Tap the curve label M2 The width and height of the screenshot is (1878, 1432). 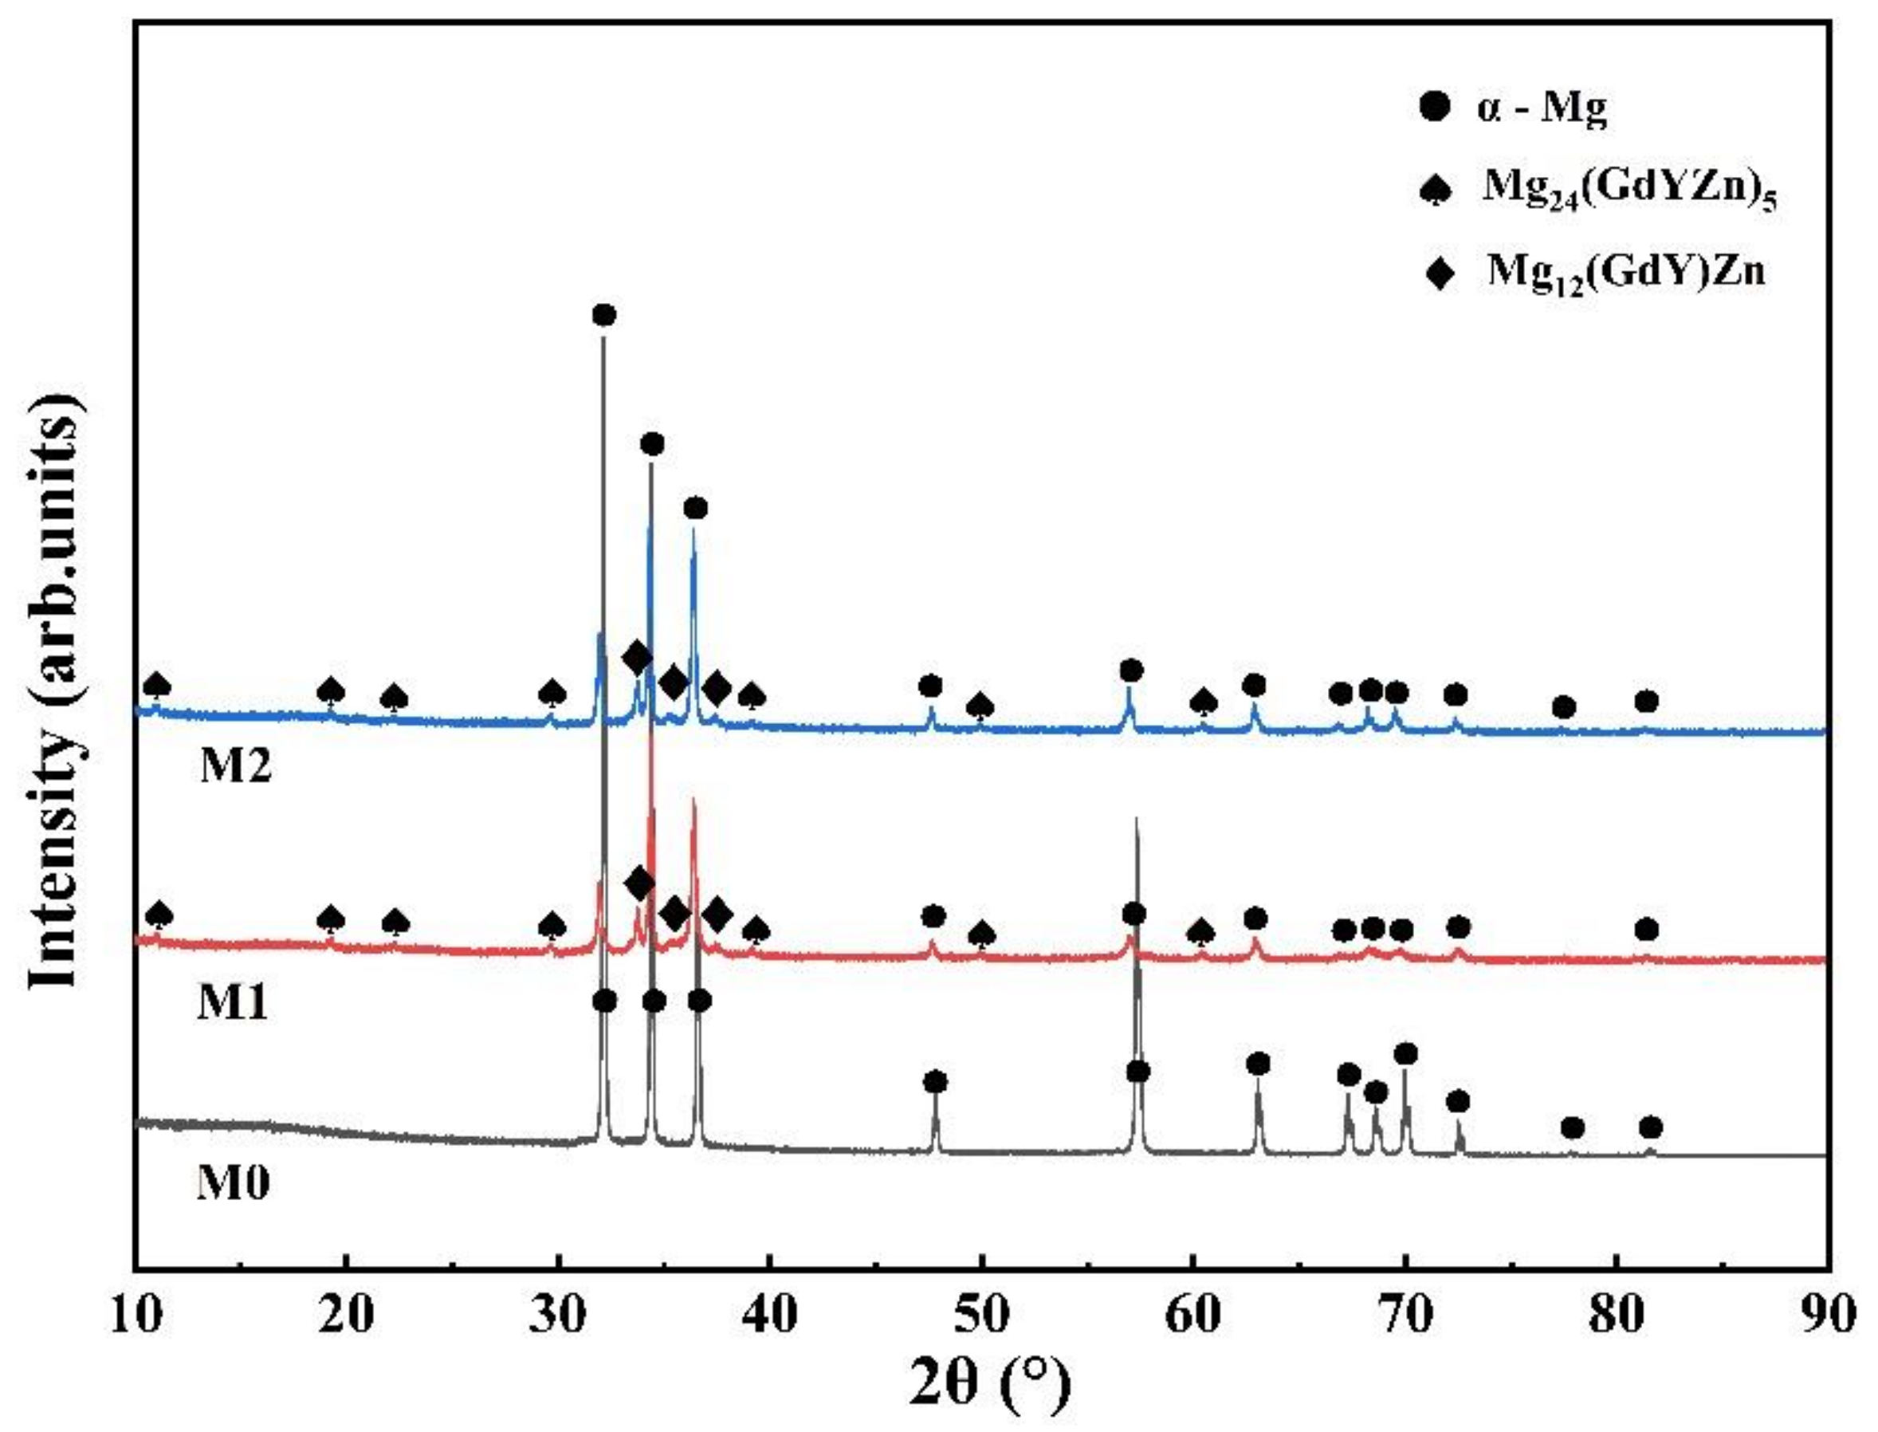(x=236, y=766)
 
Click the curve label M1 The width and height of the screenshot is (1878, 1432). (x=234, y=1003)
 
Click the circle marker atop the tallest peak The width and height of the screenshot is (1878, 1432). (x=603, y=316)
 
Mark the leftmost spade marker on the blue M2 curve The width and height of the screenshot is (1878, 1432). (x=157, y=686)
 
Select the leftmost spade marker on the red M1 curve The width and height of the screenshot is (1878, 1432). (x=159, y=915)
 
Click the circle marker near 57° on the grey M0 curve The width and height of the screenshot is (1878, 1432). (x=1137, y=1072)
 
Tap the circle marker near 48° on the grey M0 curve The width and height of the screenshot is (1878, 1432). (x=935, y=1082)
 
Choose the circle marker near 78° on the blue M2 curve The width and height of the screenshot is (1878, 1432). (x=1564, y=706)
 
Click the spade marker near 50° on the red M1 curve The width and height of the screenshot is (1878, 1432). (x=983, y=935)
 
